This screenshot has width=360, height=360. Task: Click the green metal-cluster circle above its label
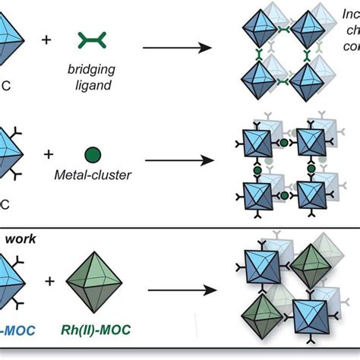pos(92,155)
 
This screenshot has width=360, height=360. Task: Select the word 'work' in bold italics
pos(21,238)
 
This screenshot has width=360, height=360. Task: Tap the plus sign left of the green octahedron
pos(50,281)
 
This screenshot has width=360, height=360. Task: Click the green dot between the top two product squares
pos(283,143)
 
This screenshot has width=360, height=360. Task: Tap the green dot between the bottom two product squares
pos(283,195)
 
